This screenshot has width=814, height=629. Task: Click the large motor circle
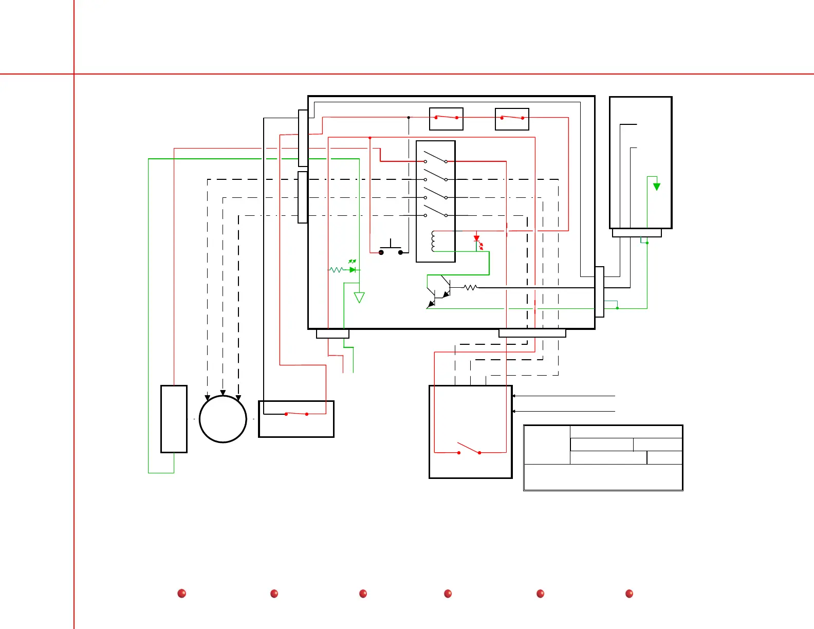coord(223,419)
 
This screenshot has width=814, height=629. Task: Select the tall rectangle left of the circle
coord(174,419)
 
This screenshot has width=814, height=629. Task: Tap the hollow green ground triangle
coord(359,297)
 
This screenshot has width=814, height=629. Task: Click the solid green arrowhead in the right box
coord(656,187)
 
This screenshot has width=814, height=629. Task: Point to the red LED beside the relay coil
coord(477,239)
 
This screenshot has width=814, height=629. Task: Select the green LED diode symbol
coord(353,269)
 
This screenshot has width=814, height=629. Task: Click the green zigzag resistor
coord(336,269)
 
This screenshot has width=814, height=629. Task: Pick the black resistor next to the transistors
coord(470,288)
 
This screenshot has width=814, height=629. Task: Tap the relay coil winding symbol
coord(433,241)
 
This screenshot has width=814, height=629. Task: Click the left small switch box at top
coord(446,119)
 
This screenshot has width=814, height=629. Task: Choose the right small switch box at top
coord(512,119)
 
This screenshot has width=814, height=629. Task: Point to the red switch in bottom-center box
coord(469,449)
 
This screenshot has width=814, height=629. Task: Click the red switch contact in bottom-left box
coord(296,414)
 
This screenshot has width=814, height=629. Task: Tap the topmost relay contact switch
coord(435,157)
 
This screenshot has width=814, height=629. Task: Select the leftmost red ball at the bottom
coord(181,594)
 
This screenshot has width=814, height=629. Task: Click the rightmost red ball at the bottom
coord(629,594)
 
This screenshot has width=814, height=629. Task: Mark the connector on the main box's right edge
coord(599,291)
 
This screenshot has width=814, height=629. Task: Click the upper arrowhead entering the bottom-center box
coord(514,396)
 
